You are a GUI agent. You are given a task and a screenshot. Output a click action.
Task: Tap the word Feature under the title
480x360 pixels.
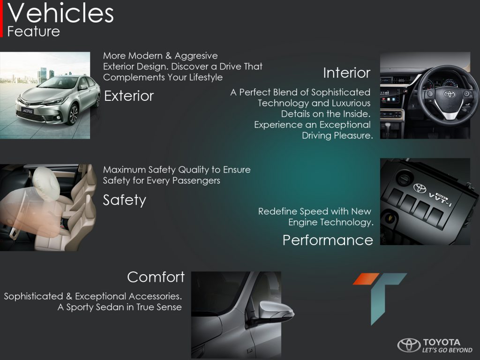point(33,31)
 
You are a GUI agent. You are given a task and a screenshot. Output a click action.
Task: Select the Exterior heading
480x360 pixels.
point(129,96)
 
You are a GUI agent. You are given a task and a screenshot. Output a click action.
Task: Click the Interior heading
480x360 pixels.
point(347,73)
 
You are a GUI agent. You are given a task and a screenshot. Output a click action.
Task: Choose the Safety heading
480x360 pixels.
point(125,201)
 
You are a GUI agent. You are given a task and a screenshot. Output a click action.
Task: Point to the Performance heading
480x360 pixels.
point(328,240)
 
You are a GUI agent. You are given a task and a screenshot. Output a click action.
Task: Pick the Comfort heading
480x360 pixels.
point(156,277)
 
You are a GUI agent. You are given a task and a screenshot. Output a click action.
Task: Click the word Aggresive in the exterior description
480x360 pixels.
point(196,56)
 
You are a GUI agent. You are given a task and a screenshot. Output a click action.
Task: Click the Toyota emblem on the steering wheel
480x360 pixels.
point(450,94)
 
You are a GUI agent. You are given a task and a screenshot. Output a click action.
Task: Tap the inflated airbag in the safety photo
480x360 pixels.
point(46,183)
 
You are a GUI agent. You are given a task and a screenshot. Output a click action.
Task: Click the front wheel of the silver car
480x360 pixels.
point(73,114)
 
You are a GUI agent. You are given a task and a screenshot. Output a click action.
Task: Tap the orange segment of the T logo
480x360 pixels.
point(366,279)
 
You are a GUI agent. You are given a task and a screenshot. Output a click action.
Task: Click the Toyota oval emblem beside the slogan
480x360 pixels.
point(409,345)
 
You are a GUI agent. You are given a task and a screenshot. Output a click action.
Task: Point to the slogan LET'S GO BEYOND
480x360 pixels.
point(447,350)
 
